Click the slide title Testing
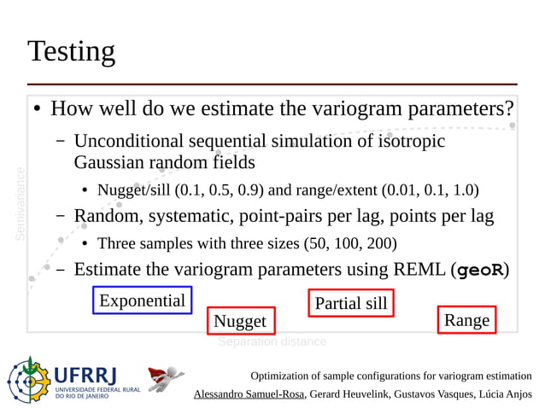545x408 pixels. [x=71, y=51]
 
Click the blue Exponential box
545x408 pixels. [x=142, y=300]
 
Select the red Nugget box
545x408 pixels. [x=240, y=321]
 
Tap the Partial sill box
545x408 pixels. [x=350, y=303]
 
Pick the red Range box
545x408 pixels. [x=466, y=320]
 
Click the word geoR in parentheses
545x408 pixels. [x=481, y=271]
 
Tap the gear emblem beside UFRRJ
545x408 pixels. [x=29, y=381]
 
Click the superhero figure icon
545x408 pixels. [x=166, y=378]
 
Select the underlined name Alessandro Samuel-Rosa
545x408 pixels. [x=249, y=393]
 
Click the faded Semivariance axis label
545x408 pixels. [x=21, y=202]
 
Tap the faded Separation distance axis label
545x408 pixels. [x=272, y=341]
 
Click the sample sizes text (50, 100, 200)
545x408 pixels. [x=350, y=243]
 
